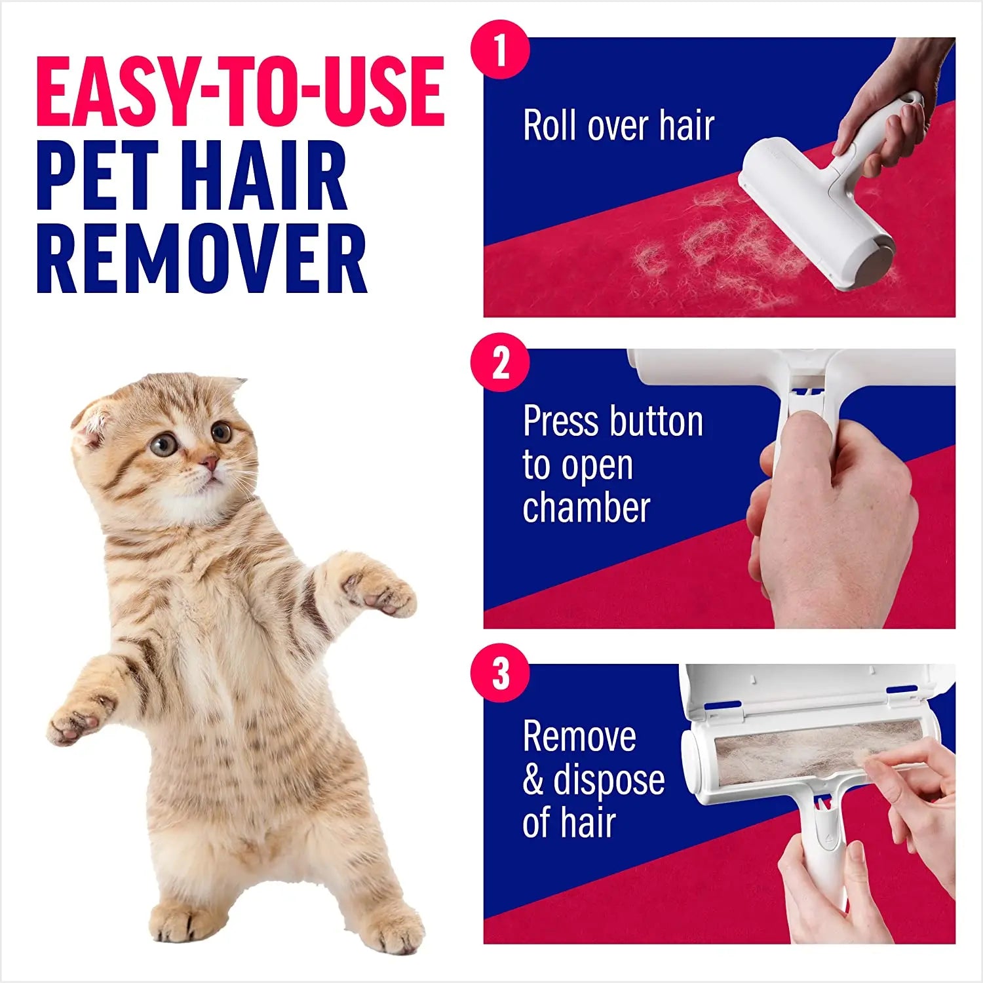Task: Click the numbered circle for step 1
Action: (x=500, y=50)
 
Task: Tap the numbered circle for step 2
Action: (x=500, y=362)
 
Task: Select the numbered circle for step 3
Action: (x=500, y=673)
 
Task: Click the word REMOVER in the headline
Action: (x=202, y=259)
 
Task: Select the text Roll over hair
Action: (x=618, y=125)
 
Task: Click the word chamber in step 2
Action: (x=586, y=509)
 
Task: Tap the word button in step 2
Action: (x=656, y=421)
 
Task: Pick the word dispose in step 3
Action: (x=609, y=780)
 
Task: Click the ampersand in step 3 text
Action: (x=533, y=781)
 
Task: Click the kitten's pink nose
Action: (x=210, y=463)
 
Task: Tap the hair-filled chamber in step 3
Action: (x=813, y=747)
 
